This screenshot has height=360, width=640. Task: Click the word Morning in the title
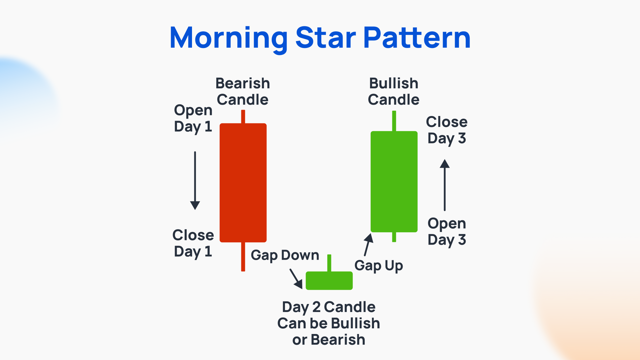pyautogui.click(x=228, y=38)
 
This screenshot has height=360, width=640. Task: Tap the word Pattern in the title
pyautogui.click(x=417, y=38)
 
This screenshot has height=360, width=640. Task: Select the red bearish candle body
pyautogui.click(x=243, y=183)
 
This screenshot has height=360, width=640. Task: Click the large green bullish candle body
pyautogui.click(x=394, y=182)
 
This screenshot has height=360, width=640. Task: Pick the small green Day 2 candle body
pyautogui.click(x=329, y=281)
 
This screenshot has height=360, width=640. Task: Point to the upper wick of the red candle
pyautogui.click(x=243, y=117)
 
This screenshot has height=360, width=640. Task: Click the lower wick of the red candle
pyautogui.click(x=243, y=257)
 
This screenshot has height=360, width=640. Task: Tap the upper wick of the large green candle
pyautogui.click(x=394, y=121)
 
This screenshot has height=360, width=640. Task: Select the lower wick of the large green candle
pyautogui.click(x=394, y=237)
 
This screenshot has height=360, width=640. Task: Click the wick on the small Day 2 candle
pyautogui.click(x=329, y=263)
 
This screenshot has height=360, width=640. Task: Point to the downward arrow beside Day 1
pyautogui.click(x=195, y=180)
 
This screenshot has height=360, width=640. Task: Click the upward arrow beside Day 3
pyautogui.click(x=445, y=185)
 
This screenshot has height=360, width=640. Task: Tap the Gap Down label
pyautogui.click(x=285, y=255)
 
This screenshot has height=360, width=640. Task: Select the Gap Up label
pyautogui.click(x=379, y=266)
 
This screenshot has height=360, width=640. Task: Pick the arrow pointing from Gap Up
pyautogui.click(x=368, y=244)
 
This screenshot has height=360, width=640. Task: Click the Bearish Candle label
pyautogui.click(x=243, y=91)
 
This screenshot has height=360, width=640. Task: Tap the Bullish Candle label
pyautogui.click(x=394, y=91)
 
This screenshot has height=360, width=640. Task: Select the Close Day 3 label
pyautogui.click(x=447, y=130)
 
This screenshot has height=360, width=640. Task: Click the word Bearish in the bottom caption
pyautogui.click(x=338, y=340)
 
